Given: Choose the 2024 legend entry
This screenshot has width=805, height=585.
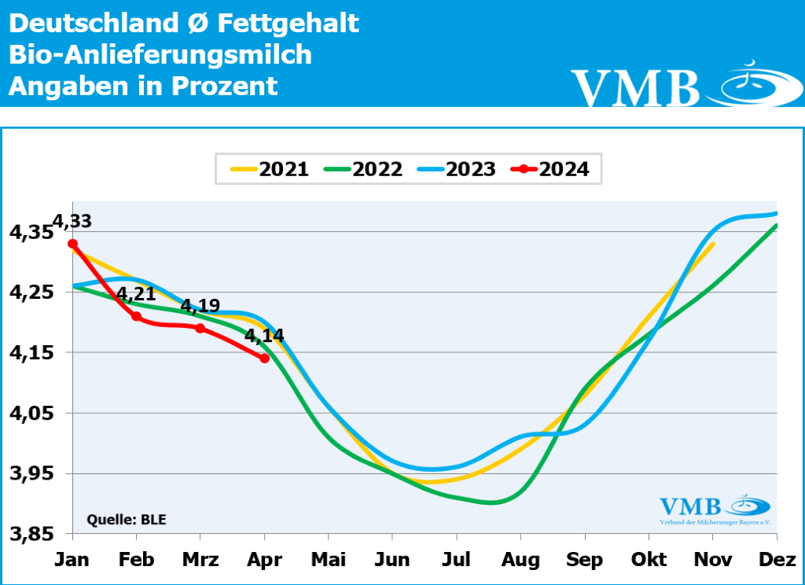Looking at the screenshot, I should click(550, 169).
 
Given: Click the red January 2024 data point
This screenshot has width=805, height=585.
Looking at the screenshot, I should click(72, 244).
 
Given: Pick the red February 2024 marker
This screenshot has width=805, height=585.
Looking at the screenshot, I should click(136, 316).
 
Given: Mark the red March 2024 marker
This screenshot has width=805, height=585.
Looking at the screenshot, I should click(200, 328).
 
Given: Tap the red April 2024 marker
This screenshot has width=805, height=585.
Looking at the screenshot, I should click(264, 358).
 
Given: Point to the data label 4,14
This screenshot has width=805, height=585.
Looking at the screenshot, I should click(264, 337).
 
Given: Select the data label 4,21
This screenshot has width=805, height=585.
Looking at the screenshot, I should click(136, 295).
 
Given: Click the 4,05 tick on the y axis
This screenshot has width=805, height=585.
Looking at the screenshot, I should click(31, 414).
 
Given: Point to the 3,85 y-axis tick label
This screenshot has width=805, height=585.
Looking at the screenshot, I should click(31, 534).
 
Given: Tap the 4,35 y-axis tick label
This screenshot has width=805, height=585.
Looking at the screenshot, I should click(31, 233).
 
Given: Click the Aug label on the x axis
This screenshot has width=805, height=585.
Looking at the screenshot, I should click(520, 560).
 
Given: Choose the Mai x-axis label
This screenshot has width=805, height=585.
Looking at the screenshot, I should click(329, 560).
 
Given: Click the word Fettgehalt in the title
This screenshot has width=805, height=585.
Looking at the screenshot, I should click(287, 24).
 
